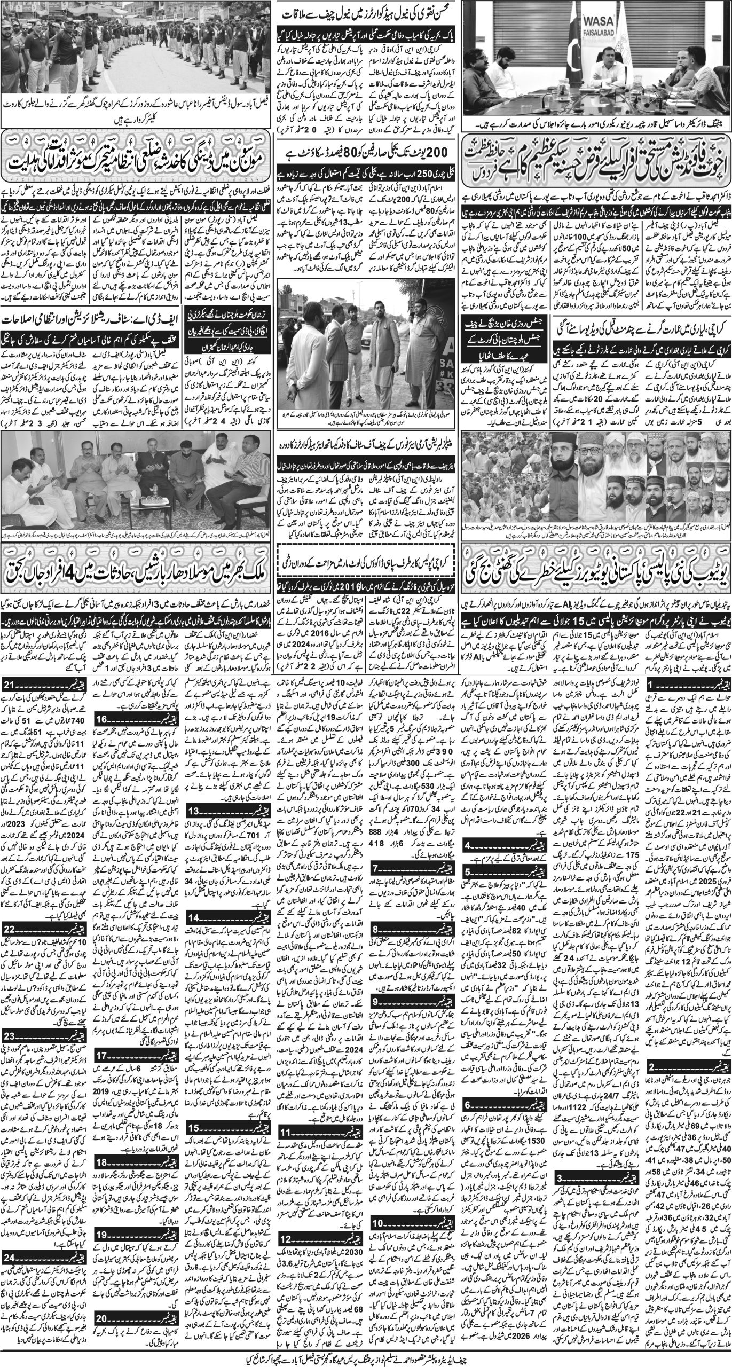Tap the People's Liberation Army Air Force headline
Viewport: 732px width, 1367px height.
coord(365,439)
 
